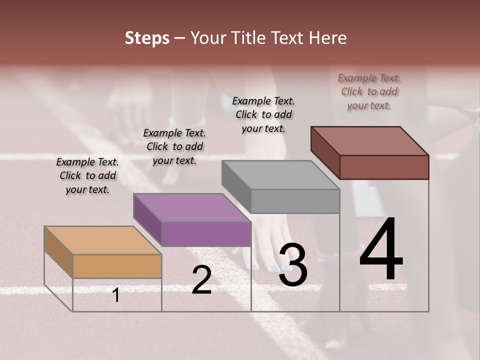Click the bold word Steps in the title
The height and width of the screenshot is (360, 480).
tap(147, 38)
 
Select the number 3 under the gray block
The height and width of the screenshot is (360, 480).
tap(292, 265)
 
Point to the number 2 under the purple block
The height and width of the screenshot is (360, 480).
tap(201, 280)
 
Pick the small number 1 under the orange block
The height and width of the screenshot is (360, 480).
tap(116, 295)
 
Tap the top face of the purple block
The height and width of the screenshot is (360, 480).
tap(192, 207)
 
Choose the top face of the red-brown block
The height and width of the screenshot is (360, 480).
tap(370, 141)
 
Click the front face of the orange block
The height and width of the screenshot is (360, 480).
tap(117, 266)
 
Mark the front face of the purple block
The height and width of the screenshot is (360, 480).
tap(206, 234)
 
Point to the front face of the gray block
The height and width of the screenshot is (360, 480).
tap(295, 201)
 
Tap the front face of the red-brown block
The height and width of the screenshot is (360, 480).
tap(384, 167)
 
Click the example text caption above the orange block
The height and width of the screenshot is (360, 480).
tap(87, 176)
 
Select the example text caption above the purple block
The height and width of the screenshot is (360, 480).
tap(174, 147)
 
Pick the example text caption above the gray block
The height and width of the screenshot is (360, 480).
tap(263, 114)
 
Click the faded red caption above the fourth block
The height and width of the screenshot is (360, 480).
tap(369, 91)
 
